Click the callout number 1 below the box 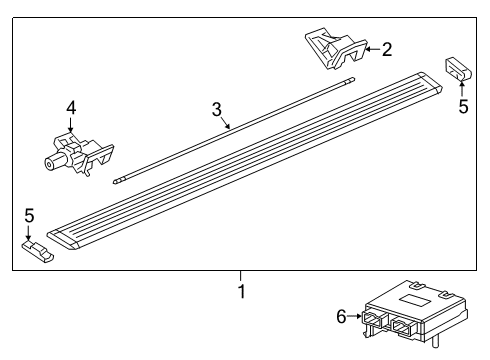(240, 293)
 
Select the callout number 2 (387, 47)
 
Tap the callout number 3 (215, 110)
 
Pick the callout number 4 (70, 107)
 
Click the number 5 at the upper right (462, 106)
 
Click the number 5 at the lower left (30, 214)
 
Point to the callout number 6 (340, 316)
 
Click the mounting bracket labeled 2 (335, 50)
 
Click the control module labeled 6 (405, 318)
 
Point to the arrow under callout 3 (226, 124)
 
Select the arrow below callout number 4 (70, 126)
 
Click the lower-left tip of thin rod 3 (117, 181)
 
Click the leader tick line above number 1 (240, 276)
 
